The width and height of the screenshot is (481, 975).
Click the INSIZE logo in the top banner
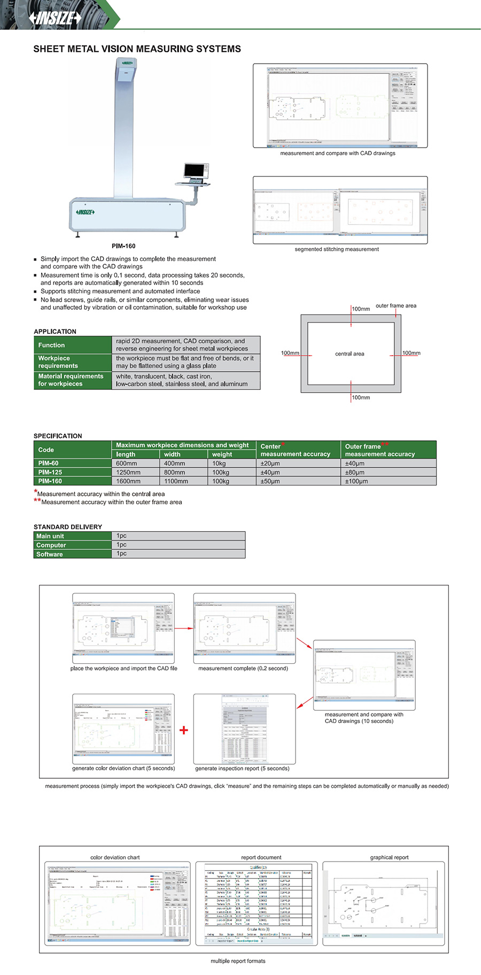[56, 18]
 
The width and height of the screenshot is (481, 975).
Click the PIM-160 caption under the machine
[123, 246]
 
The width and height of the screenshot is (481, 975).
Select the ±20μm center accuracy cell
[270, 464]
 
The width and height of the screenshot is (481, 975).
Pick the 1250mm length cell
[128, 472]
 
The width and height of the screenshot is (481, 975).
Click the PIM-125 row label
[50, 472]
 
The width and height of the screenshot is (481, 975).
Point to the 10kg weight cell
[219, 464]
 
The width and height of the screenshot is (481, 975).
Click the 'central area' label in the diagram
[350, 354]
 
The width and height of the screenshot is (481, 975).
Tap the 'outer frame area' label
[395, 306]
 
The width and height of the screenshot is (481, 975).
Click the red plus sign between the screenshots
[184, 730]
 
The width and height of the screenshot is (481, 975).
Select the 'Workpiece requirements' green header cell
[58, 362]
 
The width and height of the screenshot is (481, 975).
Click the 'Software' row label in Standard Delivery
[50, 554]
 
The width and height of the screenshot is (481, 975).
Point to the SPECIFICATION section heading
[58, 436]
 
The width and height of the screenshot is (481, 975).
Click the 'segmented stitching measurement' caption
[337, 249]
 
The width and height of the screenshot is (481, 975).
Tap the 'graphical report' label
[389, 857]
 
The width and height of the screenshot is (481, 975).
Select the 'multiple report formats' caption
[238, 961]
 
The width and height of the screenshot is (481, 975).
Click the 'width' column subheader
[172, 454]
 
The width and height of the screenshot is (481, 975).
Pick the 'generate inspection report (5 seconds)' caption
[242, 769]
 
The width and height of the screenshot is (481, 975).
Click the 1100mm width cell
[176, 481]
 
